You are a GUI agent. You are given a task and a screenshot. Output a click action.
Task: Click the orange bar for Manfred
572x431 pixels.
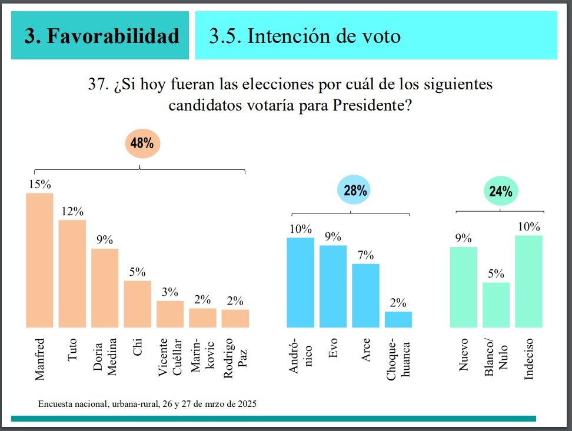pos(39,260)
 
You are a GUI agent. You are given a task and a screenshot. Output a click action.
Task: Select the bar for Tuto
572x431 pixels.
pos(72,273)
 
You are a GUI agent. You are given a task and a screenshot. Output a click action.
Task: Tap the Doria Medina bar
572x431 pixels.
pos(105,288)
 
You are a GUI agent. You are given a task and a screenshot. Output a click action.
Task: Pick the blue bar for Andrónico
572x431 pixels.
pos(300,282)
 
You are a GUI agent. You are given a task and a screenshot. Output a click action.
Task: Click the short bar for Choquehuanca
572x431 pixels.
pos(398,319)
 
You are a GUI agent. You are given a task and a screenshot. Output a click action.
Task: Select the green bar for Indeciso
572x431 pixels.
pos(528,281)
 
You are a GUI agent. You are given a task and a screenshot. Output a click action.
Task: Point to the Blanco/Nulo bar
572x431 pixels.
pos(495,305)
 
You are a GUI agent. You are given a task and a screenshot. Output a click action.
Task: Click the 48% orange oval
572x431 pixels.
pos(142,143)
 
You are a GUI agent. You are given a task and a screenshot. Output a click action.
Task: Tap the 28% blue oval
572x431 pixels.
pos(353,191)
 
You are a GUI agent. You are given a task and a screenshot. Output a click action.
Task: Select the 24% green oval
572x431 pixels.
pos(500,191)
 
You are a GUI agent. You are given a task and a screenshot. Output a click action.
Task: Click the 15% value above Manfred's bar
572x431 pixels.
pos(40,184)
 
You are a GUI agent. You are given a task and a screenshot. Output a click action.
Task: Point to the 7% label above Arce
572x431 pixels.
pos(365,256)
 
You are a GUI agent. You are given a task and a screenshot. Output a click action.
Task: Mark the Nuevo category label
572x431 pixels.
pos(463,356)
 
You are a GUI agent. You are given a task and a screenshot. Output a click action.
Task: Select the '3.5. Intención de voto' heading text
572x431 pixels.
pos(305,36)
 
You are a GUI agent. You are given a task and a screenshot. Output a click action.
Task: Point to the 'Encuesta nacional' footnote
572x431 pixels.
pos(147,405)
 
